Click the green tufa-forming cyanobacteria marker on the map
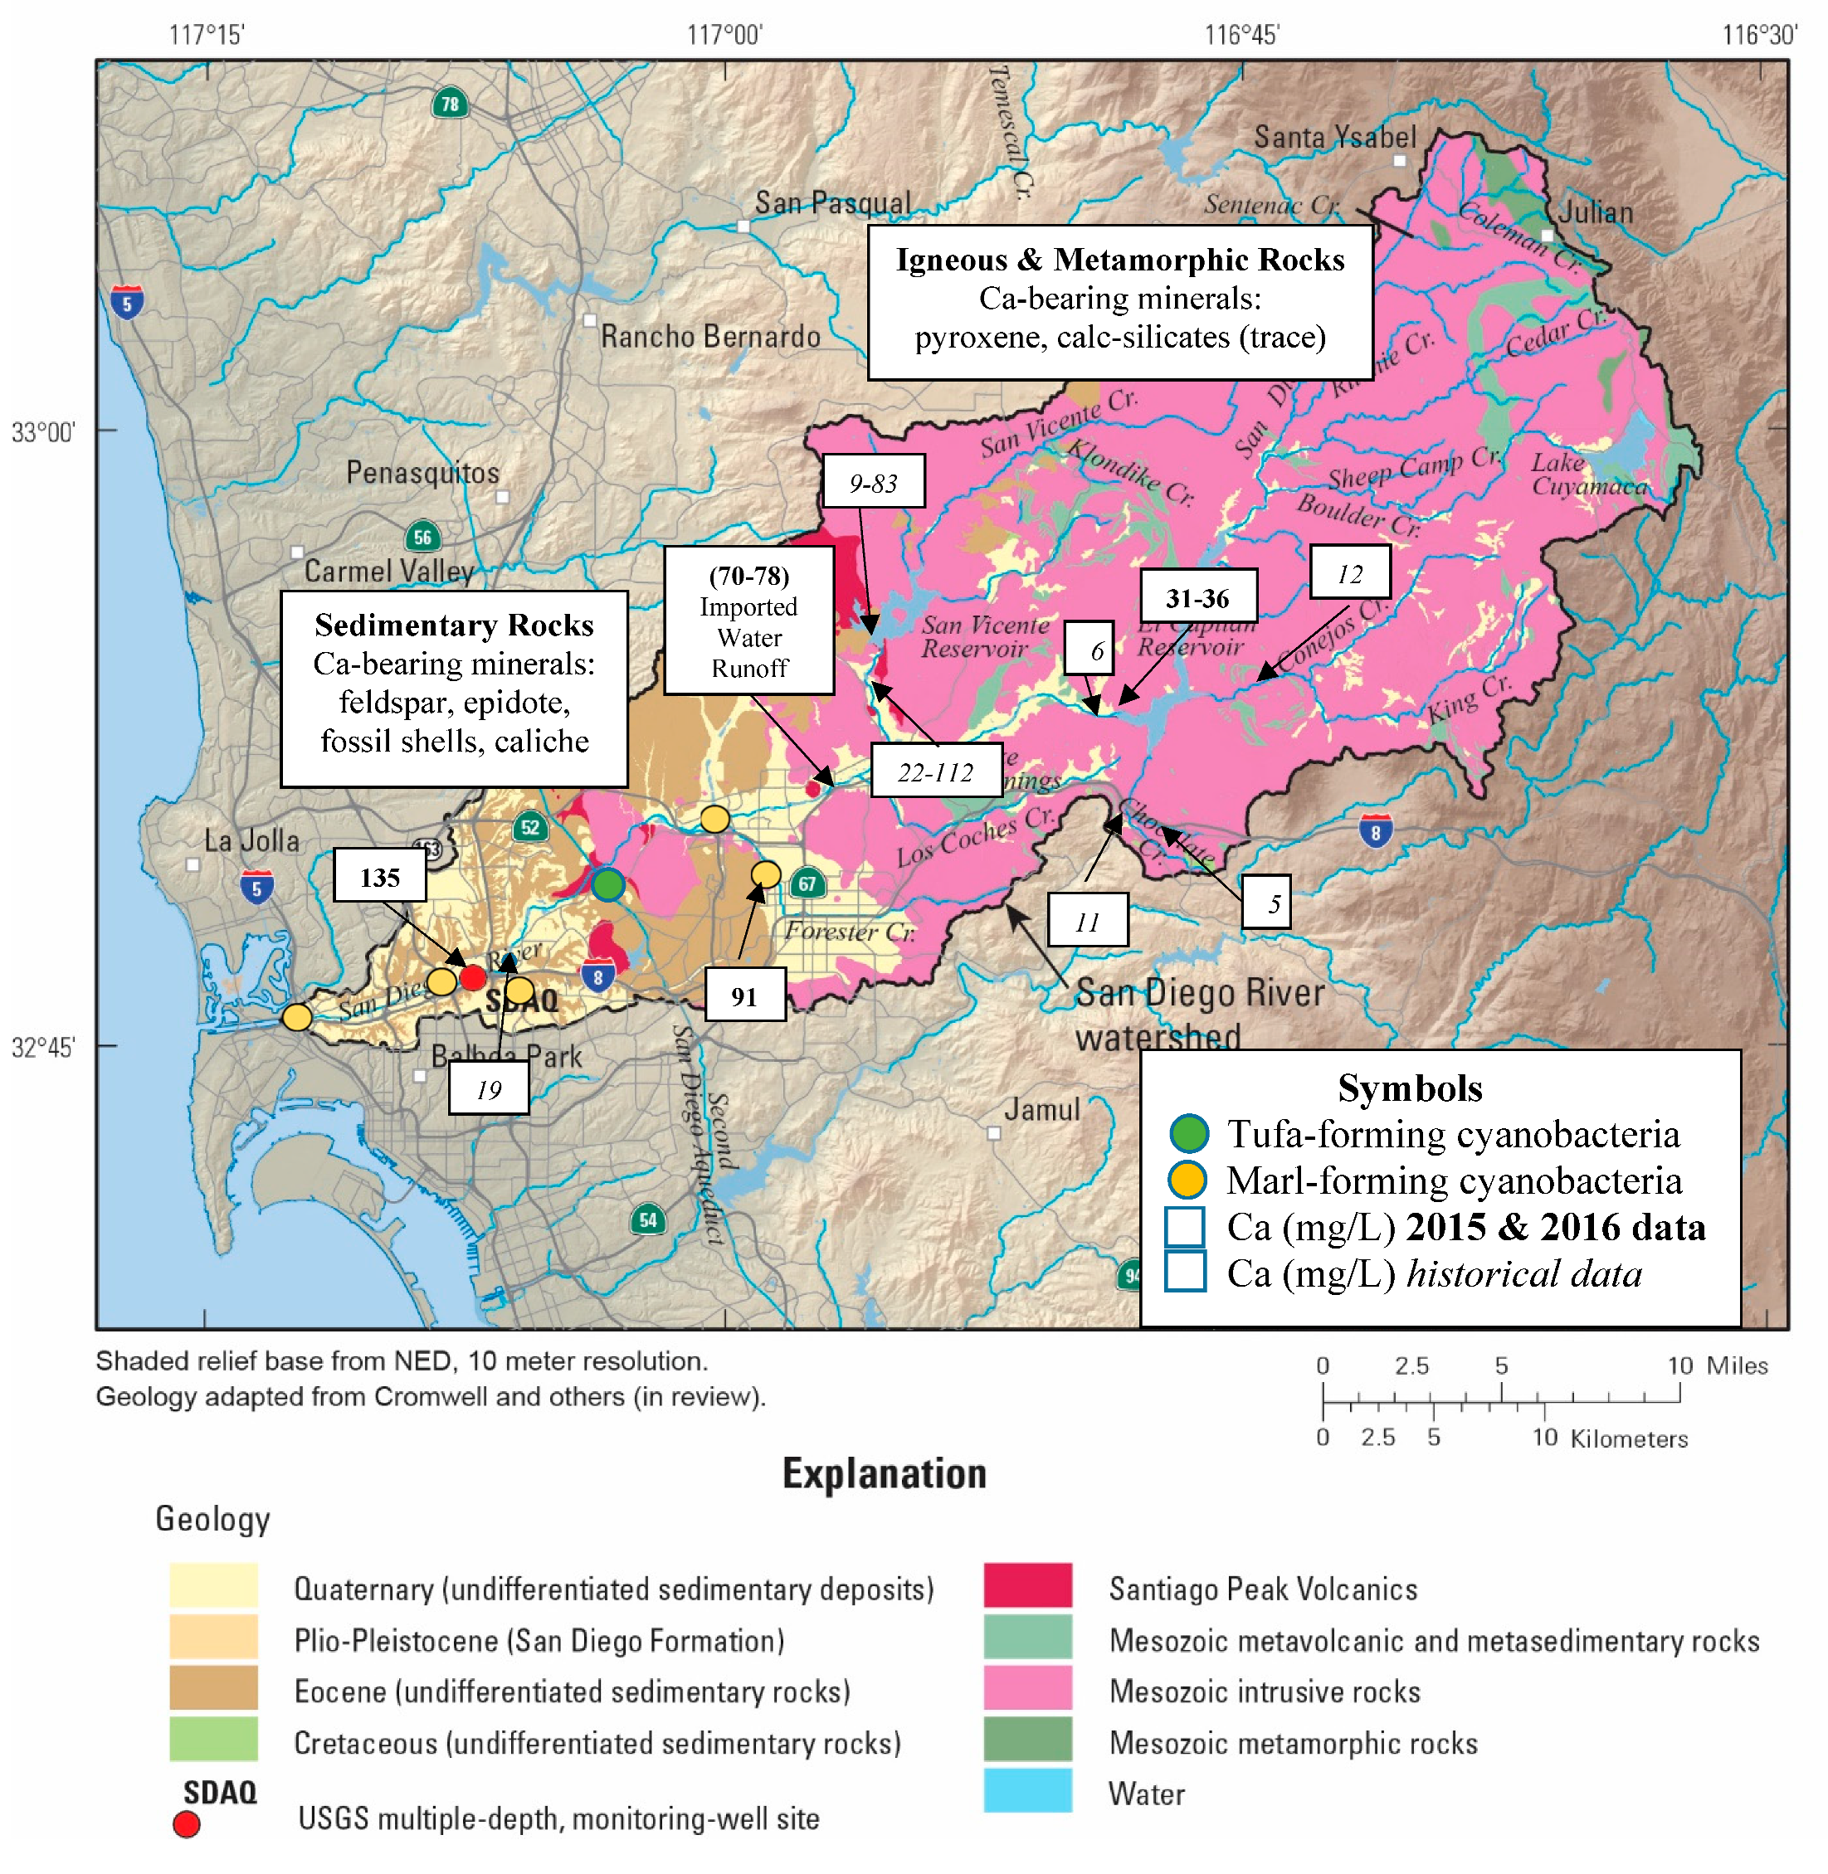(607, 884)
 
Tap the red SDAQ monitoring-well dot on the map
(472, 977)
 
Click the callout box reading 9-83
(874, 482)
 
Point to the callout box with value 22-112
(935, 771)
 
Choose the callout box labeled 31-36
(1197, 597)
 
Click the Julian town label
(1595, 212)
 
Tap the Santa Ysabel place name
(1334, 137)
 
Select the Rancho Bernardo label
(710, 336)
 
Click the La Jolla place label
(251, 841)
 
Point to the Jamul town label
(1041, 1110)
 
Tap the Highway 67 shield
(807, 883)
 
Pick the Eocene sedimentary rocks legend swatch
(213, 1689)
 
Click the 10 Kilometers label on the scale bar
(1608, 1437)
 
